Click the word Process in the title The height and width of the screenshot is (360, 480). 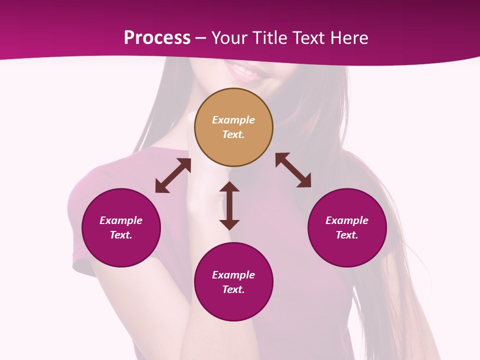click(157, 38)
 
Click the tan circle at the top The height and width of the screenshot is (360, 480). click(233, 150)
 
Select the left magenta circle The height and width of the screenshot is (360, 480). click(121, 250)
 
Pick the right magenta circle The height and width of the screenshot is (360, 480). click(347, 250)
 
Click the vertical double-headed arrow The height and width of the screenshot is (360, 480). click(229, 205)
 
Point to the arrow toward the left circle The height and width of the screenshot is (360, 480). click(173, 175)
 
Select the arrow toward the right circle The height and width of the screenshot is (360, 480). click(293, 170)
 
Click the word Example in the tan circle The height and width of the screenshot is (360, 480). click(233, 120)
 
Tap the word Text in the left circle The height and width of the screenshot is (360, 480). click(121, 235)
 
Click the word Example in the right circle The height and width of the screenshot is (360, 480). click(347, 220)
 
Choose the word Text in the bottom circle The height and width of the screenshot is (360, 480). click(233, 289)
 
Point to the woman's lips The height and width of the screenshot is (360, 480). click(246, 73)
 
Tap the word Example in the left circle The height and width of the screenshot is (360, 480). click(121, 220)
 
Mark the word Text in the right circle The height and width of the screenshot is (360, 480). click(347, 235)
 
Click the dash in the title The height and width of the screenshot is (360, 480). click(201, 38)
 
